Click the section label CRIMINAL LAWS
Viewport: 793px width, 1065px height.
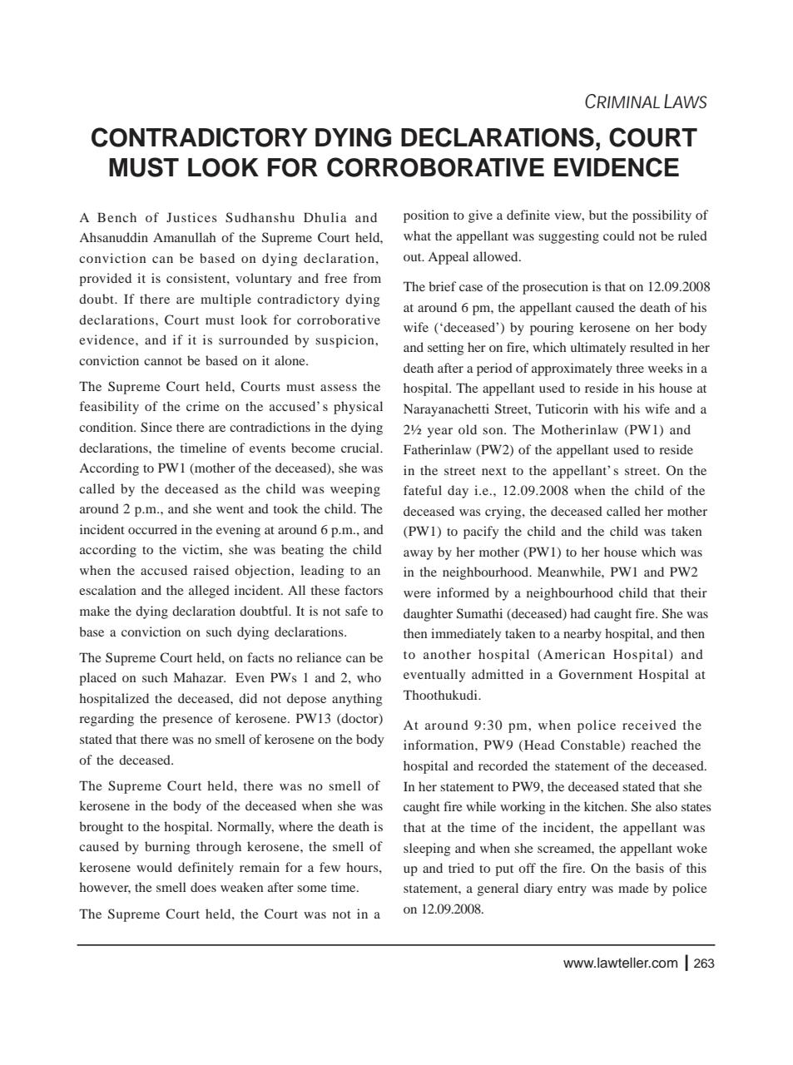[x=645, y=102]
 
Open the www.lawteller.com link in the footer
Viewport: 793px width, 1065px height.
[x=620, y=963]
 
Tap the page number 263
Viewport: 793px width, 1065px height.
[x=703, y=963]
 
